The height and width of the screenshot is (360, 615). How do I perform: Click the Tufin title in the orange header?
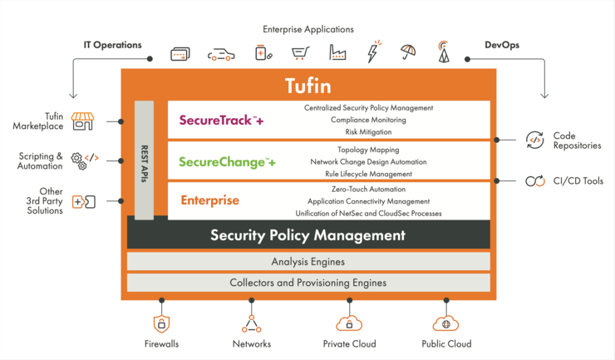click(307, 86)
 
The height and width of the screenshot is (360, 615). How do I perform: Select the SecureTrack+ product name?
click(221, 120)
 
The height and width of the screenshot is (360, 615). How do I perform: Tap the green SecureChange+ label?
click(227, 162)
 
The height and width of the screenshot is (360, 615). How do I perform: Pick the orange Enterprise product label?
click(209, 200)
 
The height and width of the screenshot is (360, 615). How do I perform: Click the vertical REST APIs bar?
click(144, 160)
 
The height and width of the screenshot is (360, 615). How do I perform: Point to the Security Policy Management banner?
click(308, 234)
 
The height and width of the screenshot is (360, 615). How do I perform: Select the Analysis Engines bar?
click(308, 261)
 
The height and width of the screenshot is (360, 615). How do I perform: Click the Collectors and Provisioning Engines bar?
click(308, 283)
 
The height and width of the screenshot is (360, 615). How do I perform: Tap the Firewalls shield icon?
click(161, 324)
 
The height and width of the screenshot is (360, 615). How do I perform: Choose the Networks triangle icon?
click(252, 324)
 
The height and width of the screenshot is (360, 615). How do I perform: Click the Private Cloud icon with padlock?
click(349, 323)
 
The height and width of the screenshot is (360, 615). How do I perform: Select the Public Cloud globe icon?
click(445, 323)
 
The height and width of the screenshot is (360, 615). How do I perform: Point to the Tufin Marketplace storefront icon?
click(82, 121)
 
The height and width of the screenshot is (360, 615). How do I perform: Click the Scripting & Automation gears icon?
click(84, 160)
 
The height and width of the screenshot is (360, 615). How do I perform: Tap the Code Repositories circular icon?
click(535, 141)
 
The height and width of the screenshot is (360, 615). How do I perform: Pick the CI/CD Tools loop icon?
click(535, 181)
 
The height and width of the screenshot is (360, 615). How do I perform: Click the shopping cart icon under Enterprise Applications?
click(301, 53)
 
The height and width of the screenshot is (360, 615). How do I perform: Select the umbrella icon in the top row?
click(408, 52)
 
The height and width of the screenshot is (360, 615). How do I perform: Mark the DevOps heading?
click(502, 45)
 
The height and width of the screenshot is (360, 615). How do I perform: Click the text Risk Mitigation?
click(368, 132)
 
